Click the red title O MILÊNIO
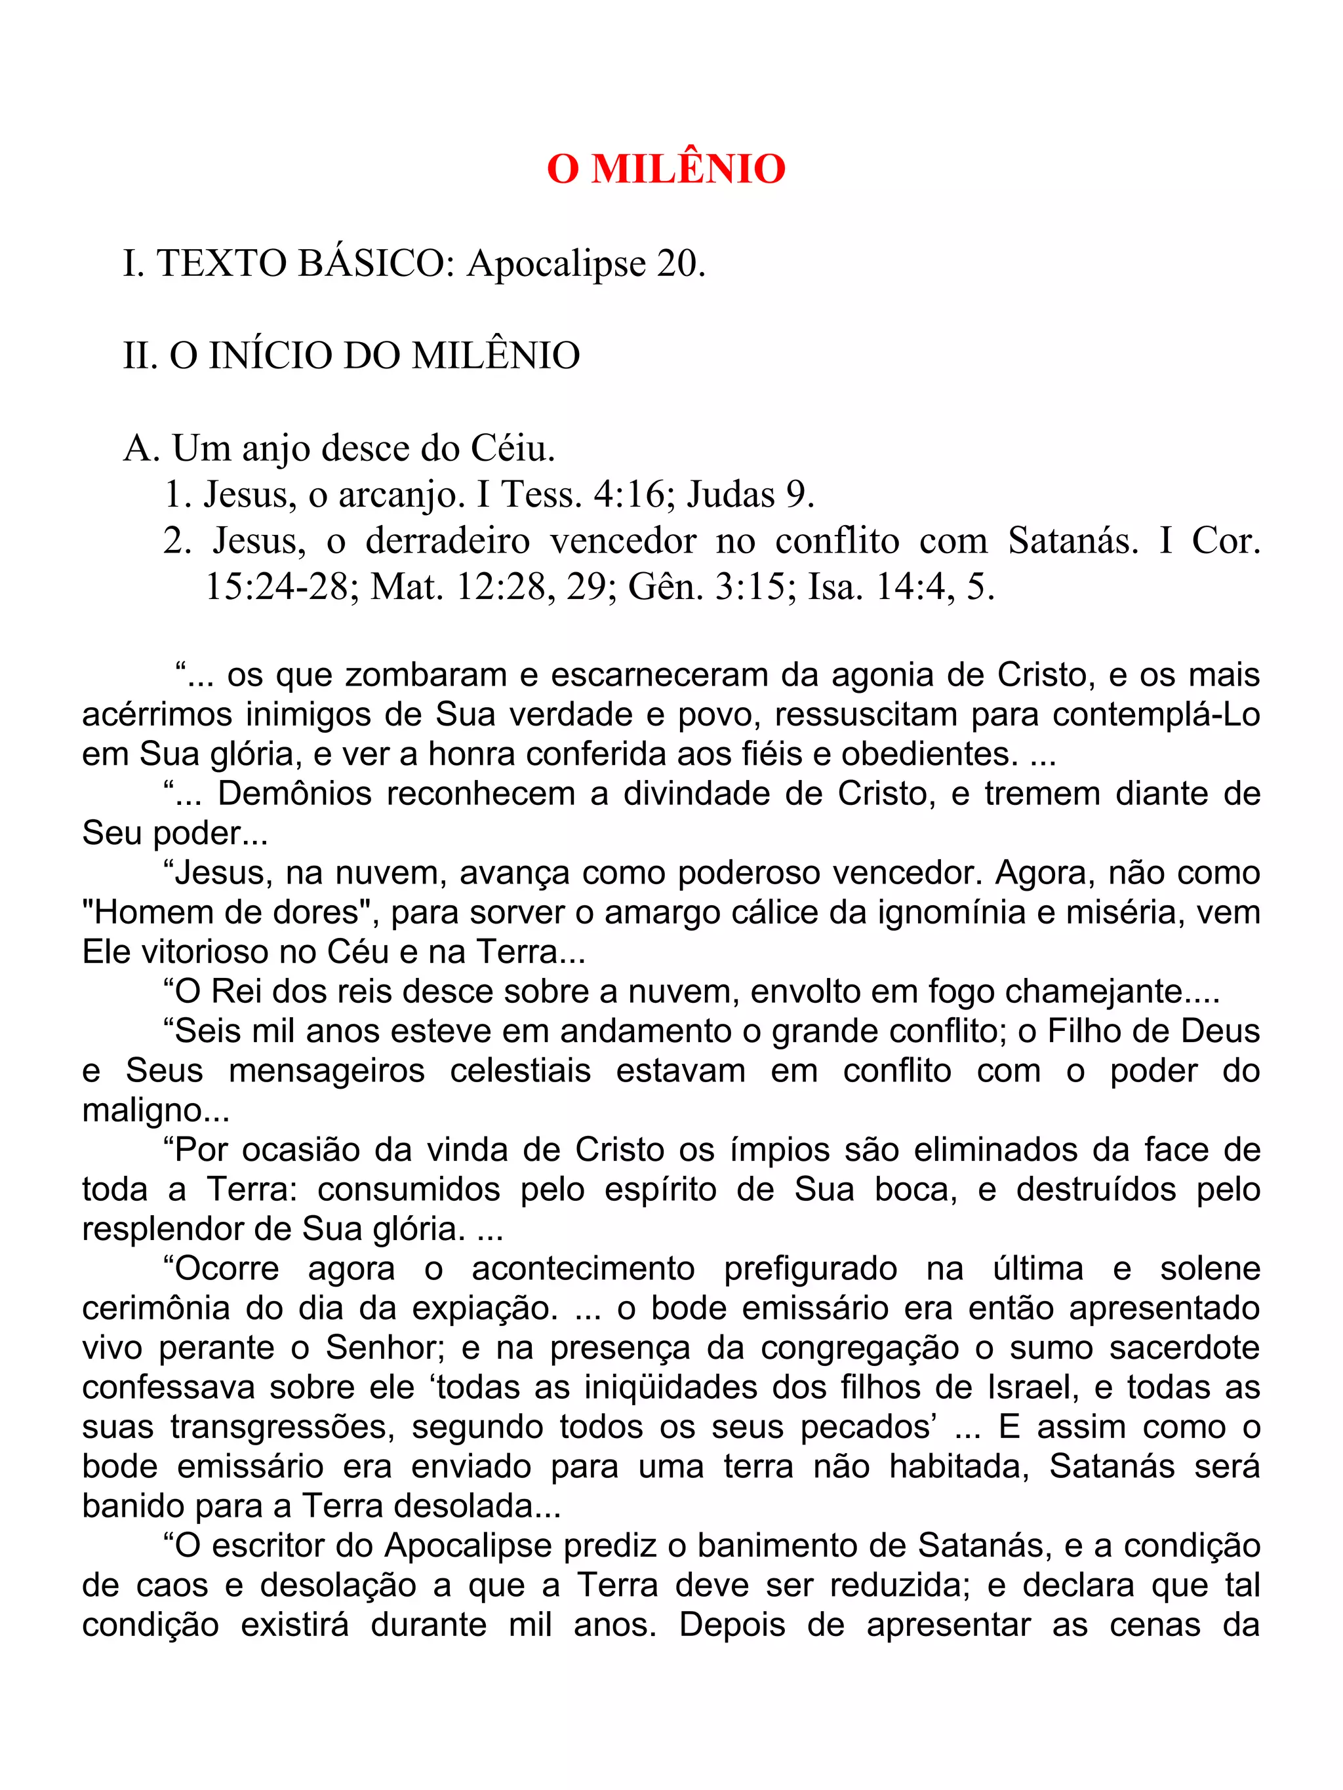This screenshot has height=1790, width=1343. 666,169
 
